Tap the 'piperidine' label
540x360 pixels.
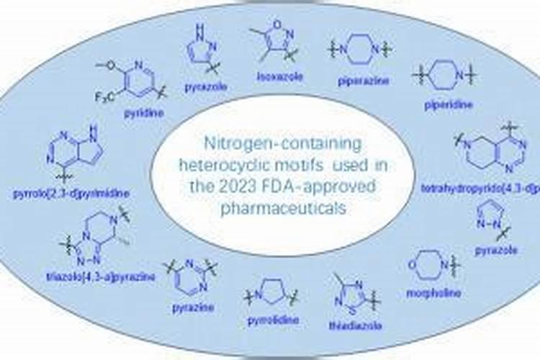pyautogui.click(x=449, y=104)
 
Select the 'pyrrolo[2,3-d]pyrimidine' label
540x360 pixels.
pyautogui.click(x=60, y=192)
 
